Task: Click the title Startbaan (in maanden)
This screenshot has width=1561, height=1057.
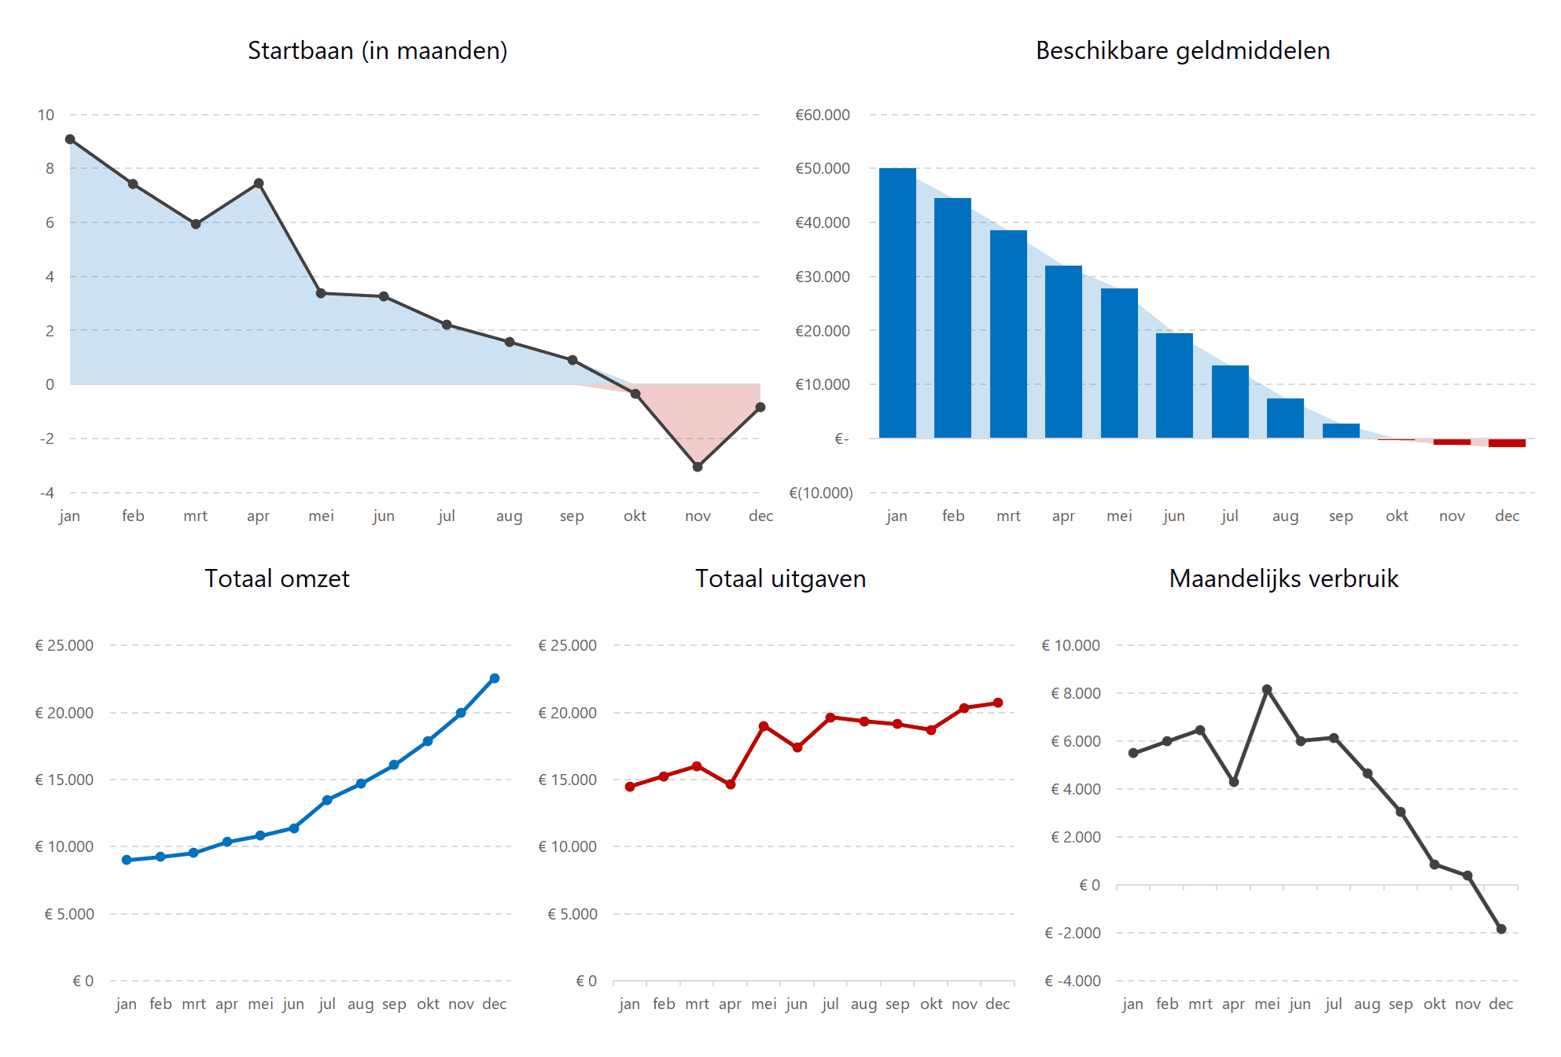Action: coord(377,51)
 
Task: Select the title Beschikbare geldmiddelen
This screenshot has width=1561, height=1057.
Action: coord(1182,51)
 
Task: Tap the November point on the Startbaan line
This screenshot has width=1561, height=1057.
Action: coord(698,467)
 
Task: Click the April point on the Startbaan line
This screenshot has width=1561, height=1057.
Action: coord(259,184)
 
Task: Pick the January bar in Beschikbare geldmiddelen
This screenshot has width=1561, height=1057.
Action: coord(897,303)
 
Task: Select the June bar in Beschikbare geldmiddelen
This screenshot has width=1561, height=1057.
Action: coord(1174,385)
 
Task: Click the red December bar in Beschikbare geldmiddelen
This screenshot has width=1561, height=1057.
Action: coord(1507,443)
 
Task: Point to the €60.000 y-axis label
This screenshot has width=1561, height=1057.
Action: coord(822,116)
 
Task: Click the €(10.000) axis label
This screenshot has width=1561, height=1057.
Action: coord(820,494)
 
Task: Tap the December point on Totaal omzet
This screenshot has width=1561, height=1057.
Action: coord(495,678)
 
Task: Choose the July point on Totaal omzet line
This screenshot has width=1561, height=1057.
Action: coord(327,800)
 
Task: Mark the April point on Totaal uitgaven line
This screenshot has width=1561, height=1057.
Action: coord(731,784)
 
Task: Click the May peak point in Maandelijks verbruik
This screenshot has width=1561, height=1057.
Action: coord(1267,689)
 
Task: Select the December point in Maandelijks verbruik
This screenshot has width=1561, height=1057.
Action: coord(1501,929)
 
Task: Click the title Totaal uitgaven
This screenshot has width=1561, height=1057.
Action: coord(780,579)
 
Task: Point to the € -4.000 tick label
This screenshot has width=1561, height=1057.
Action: coord(1072,982)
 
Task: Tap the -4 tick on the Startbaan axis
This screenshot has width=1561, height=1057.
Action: coord(47,494)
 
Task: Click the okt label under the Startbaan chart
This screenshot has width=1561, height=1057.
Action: coord(635,516)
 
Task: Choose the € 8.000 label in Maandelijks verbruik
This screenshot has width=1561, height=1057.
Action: coord(1075,694)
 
